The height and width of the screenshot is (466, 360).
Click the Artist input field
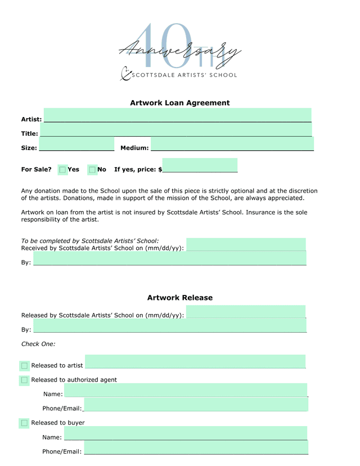[x=177, y=115]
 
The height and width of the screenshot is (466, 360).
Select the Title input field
[x=175, y=130]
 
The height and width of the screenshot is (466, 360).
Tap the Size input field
[x=76, y=145]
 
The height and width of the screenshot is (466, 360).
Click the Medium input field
[x=232, y=145]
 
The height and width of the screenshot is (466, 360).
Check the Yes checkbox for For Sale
[x=62, y=169]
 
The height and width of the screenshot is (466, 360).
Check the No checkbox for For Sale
[x=92, y=169]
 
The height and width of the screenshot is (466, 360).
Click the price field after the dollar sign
[x=200, y=165]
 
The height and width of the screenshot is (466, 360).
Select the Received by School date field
[x=246, y=244]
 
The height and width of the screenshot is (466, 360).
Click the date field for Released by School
[x=246, y=312]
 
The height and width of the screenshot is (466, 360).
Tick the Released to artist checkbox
[x=24, y=366]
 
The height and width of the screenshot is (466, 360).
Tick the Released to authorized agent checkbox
[x=24, y=380]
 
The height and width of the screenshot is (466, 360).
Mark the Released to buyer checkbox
[x=24, y=423]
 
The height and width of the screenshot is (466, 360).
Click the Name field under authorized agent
[x=186, y=391]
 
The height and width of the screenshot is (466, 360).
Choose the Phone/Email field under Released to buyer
[x=196, y=447]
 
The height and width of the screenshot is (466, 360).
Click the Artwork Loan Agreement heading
[x=180, y=103]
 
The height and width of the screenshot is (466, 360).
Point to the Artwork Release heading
[x=180, y=298]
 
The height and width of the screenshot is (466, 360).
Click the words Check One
[x=38, y=344]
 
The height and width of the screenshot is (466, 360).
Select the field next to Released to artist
[x=195, y=361]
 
